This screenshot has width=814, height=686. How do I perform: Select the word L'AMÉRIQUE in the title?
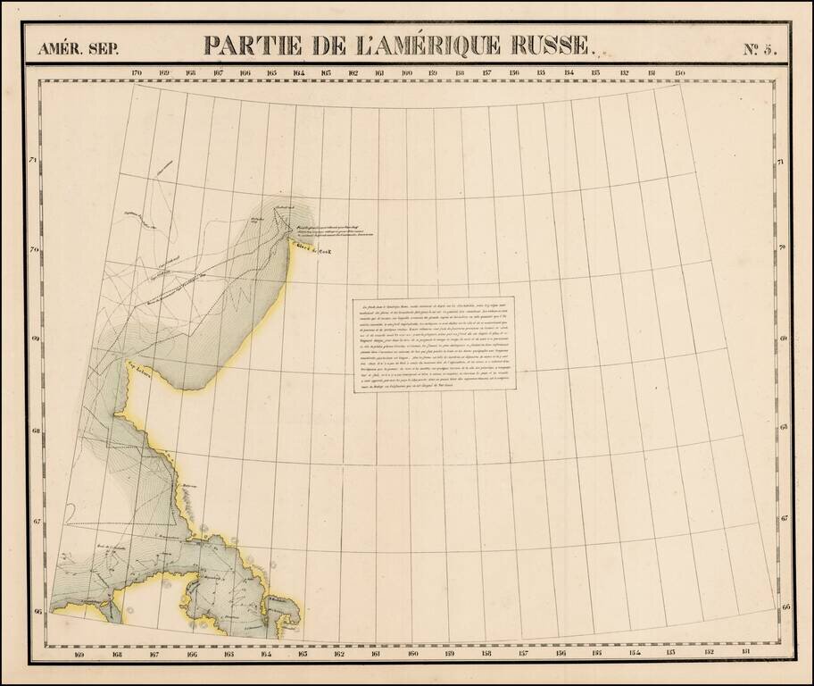point(414,46)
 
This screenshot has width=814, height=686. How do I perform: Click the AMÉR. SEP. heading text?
point(78,49)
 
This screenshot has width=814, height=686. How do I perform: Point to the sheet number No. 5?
point(760,48)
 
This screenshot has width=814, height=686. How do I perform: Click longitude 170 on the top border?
point(137,72)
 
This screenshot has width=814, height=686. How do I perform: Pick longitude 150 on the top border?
point(680,72)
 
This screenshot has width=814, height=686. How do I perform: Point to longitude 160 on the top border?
point(407,72)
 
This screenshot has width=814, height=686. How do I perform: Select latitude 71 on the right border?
point(781,163)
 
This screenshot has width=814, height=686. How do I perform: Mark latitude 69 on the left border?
point(34,340)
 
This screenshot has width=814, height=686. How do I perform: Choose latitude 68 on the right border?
point(781,428)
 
